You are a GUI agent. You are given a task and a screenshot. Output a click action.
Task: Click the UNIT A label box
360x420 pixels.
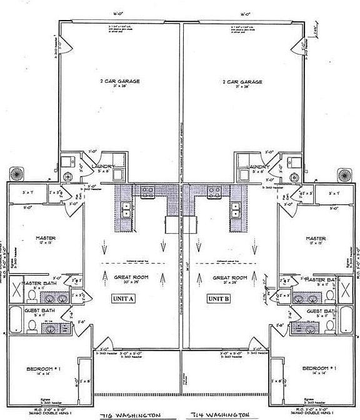coord(124,298)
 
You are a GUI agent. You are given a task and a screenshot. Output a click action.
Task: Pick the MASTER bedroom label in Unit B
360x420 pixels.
coord(316,238)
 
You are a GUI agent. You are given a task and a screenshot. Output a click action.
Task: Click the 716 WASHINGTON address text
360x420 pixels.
coord(128,415)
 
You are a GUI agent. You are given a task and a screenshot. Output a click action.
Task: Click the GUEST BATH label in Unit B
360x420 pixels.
coord(320,311)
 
